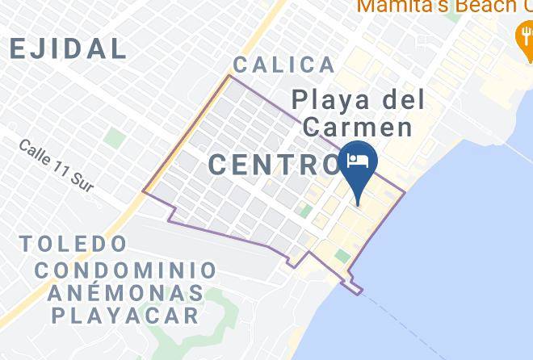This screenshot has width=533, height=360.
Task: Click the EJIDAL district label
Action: (x=68, y=48)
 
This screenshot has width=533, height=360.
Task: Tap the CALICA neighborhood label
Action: (x=283, y=65)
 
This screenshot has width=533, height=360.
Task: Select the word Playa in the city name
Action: (x=328, y=101)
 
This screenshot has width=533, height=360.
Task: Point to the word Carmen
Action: (x=358, y=128)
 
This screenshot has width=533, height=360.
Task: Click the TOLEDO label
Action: (x=73, y=243)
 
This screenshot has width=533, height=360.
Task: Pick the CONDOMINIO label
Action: (x=125, y=270)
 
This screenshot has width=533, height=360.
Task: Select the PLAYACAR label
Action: (x=125, y=315)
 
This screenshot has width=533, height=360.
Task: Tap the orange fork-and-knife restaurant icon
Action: (x=523, y=34)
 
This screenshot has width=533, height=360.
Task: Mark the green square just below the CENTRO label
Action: (x=305, y=211)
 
